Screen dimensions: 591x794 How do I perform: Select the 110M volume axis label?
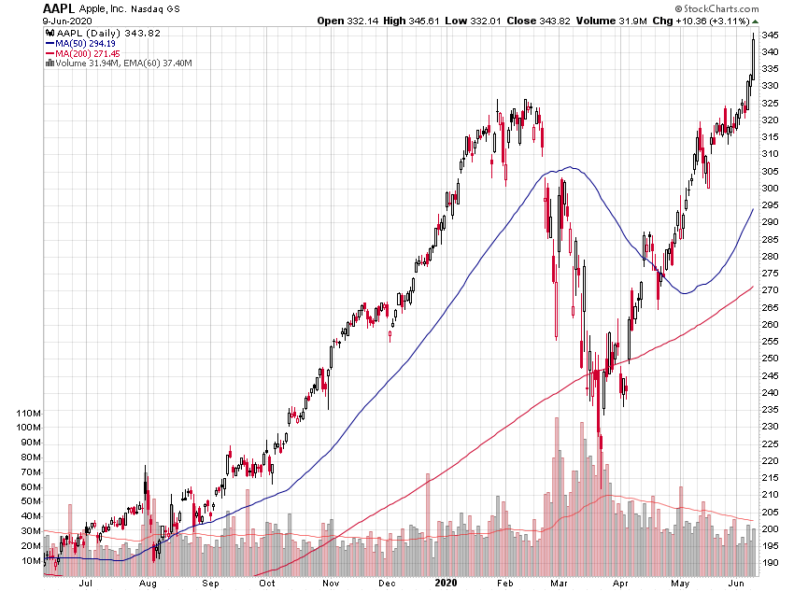(x=22, y=413)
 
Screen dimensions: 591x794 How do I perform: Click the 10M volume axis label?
(x=25, y=560)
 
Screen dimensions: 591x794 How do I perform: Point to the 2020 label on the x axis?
(x=447, y=582)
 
